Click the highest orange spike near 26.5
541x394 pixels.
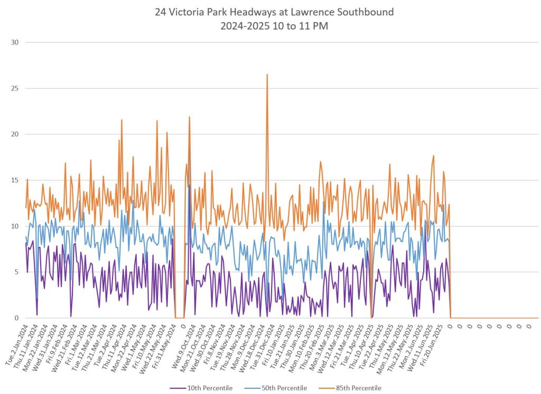point(267,75)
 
